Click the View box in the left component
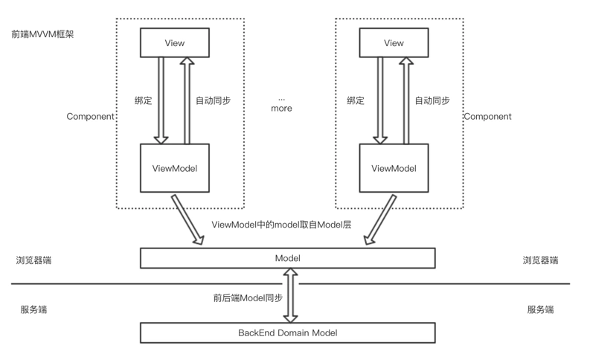click(x=174, y=43)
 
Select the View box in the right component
click(x=393, y=43)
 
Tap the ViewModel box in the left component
click(x=174, y=168)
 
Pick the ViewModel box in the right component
click(x=393, y=168)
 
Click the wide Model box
click(x=287, y=257)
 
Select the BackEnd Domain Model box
click(x=287, y=332)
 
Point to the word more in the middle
click(x=281, y=109)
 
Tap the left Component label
click(x=90, y=117)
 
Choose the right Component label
click(x=487, y=117)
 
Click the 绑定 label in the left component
click(x=142, y=100)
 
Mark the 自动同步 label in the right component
click(x=432, y=100)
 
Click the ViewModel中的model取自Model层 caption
click(x=281, y=225)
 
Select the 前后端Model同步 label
click(x=248, y=298)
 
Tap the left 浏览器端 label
click(x=33, y=260)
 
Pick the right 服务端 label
click(x=540, y=309)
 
